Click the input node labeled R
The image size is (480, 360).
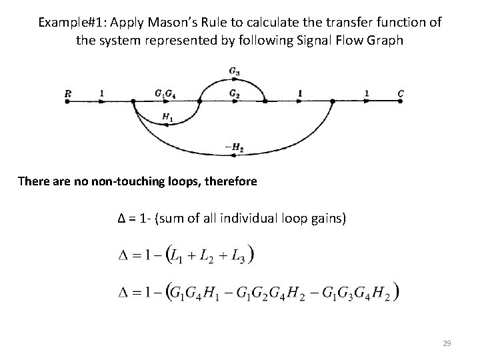tap(67, 94)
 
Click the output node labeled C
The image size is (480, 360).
tap(401, 94)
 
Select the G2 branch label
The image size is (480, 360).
tap(235, 93)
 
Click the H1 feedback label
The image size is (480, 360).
tap(167, 118)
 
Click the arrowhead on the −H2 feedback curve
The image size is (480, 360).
tap(234, 155)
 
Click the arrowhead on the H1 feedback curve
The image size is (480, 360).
tap(166, 111)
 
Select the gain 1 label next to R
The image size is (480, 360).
tap(101, 93)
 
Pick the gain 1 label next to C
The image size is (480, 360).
tap(366, 93)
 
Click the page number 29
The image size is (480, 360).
tap(447, 343)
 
